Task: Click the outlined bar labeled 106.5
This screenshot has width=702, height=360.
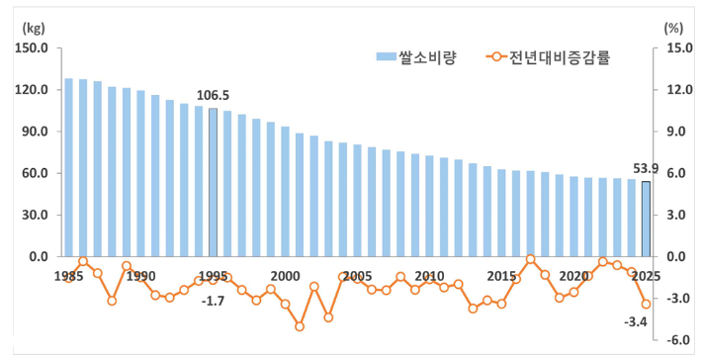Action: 213,182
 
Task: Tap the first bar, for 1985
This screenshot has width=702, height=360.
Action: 68,167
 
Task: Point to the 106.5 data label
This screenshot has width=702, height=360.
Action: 213,96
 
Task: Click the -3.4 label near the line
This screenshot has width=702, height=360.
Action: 635,321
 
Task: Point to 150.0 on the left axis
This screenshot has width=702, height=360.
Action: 33,48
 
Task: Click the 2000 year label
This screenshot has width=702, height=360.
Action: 285,276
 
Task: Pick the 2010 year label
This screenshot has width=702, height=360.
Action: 429,276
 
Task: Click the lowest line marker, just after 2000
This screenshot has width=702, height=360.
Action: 300,326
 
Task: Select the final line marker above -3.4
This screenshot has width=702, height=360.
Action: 646,304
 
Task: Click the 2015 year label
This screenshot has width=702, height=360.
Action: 501,276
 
